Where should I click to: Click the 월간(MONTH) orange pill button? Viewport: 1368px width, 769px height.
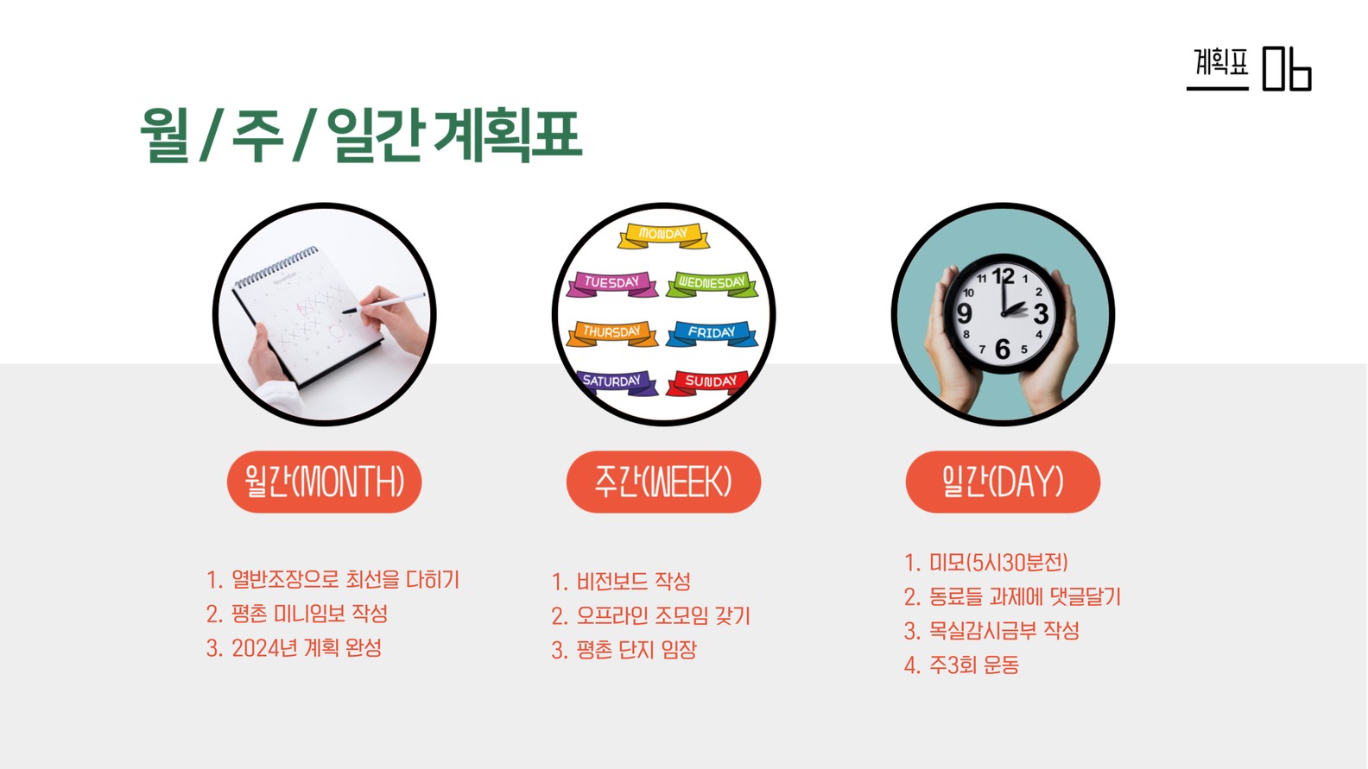(324, 482)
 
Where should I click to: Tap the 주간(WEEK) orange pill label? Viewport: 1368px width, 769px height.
(663, 482)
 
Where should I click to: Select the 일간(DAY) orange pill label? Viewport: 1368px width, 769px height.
(1003, 482)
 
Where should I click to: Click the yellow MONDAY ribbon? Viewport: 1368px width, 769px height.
(663, 236)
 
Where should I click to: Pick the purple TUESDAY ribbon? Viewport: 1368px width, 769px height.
(612, 284)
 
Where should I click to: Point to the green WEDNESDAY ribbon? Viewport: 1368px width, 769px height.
(712, 284)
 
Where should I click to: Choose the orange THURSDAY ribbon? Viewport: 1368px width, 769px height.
(612, 333)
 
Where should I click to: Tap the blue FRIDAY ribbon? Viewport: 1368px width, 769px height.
(712, 333)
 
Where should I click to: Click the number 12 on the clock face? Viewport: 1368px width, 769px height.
(1003, 276)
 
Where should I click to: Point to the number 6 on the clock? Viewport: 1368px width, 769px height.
(1003, 349)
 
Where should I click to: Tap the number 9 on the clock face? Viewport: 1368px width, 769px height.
(965, 313)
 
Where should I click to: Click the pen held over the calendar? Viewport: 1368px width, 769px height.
(384, 303)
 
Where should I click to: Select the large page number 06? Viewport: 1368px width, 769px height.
(1287, 69)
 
